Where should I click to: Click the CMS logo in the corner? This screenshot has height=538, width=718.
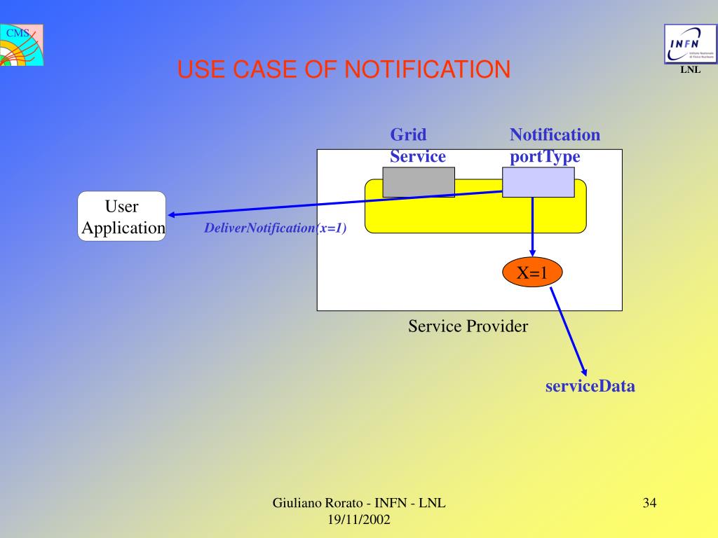(x=21, y=45)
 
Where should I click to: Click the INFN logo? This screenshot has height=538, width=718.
(x=690, y=44)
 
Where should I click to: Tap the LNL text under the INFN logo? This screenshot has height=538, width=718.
(x=690, y=70)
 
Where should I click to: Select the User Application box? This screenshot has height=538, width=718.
(x=121, y=216)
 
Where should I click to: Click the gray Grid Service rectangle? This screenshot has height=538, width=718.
(x=419, y=182)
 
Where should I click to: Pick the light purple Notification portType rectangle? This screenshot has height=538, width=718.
(x=538, y=183)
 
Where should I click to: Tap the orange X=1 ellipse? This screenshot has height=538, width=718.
(x=532, y=273)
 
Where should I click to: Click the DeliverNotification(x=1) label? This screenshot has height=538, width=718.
(x=276, y=228)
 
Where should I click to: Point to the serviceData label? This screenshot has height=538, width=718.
(x=590, y=386)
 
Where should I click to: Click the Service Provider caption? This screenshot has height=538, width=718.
(x=468, y=326)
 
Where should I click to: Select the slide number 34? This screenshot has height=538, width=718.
(x=649, y=503)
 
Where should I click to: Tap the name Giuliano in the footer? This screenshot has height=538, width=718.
(x=297, y=503)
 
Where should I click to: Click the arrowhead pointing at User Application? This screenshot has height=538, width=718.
(x=172, y=215)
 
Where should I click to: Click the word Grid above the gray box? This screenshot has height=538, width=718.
(x=408, y=134)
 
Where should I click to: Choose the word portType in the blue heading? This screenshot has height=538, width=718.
(x=545, y=156)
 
